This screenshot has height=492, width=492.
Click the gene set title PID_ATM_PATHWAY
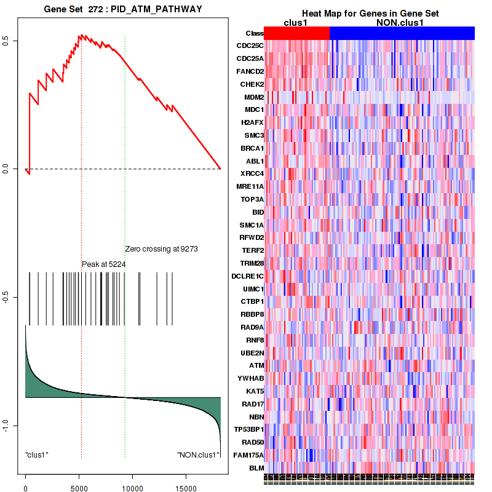pos(123,9)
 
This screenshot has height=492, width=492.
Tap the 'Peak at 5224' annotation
pos(105,264)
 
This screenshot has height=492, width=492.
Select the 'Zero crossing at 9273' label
pos(161,249)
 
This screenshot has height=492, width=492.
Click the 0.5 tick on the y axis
pos(6,41)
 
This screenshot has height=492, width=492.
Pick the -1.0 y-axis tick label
pos(6,426)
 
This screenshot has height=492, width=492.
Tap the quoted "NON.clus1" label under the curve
pos(198,455)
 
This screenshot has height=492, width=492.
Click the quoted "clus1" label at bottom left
pos(37,455)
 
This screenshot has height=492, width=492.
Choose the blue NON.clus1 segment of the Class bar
pos(402,33)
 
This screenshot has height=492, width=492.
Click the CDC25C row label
pos(250,46)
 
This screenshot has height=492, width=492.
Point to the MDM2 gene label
pos(254,97)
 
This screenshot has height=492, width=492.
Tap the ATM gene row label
pos(256,365)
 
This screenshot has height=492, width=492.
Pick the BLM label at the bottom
pos(256,468)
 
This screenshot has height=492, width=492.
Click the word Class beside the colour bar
pos(255,33)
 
